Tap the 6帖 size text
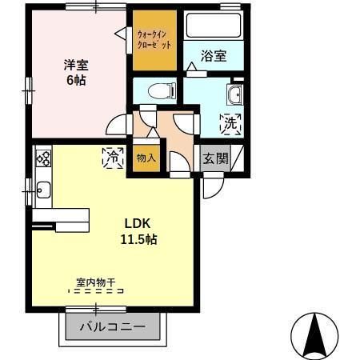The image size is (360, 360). (x=75, y=81)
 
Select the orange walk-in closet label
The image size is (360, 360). (x=154, y=39)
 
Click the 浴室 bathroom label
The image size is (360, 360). (x=214, y=56)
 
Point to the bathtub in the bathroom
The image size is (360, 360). (x=213, y=25)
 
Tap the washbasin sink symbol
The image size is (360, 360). (x=235, y=97)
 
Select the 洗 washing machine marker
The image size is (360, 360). (x=230, y=124)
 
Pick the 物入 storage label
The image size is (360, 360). (x=146, y=158)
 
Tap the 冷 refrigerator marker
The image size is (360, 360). (x=113, y=159)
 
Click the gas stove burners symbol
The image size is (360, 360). (x=42, y=158)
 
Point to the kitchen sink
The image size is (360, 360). (x=42, y=190)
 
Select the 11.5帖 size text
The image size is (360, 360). (x=138, y=239)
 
